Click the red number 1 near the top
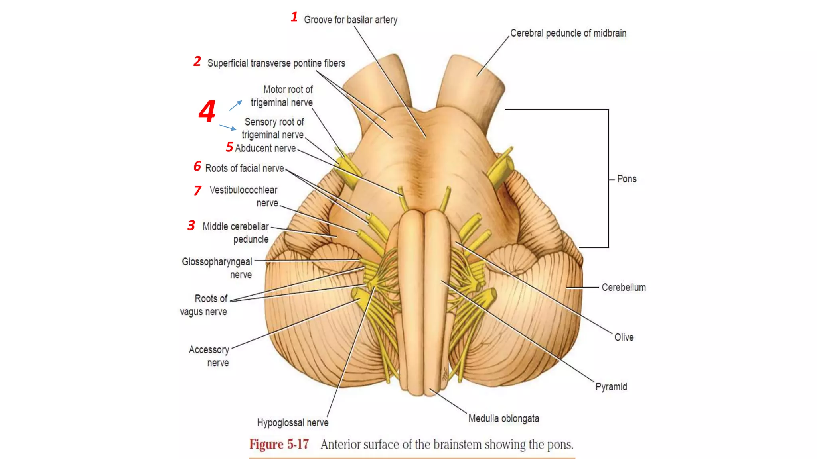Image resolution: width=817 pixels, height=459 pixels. point(294,17)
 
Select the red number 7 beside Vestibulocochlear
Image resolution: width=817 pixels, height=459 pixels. point(197,190)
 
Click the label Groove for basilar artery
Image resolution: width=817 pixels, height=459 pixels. point(350,20)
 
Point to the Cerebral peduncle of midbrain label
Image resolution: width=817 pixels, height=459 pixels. point(568,33)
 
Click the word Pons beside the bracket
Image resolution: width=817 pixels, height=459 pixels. point(626,179)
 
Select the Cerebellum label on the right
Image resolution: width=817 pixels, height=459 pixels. point(623,287)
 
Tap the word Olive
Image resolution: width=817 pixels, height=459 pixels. point(624,337)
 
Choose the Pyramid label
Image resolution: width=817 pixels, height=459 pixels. point(611,386)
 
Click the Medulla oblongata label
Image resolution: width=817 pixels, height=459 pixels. point(503,418)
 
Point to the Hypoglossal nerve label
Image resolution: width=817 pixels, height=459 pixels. point(292,422)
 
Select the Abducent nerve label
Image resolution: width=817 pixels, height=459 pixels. point(265,148)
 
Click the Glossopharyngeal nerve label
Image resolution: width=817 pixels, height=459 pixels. point(217,268)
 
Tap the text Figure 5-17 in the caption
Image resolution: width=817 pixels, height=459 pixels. point(279,444)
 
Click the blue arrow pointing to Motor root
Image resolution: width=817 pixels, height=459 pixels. point(235,105)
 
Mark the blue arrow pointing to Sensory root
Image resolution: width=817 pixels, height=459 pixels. point(228,127)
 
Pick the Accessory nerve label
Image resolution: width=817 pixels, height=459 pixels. point(209,356)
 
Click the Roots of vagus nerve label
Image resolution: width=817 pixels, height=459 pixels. point(204,305)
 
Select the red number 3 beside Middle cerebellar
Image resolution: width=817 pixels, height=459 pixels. point(191,226)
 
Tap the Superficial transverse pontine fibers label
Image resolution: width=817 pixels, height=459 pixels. point(276,63)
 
